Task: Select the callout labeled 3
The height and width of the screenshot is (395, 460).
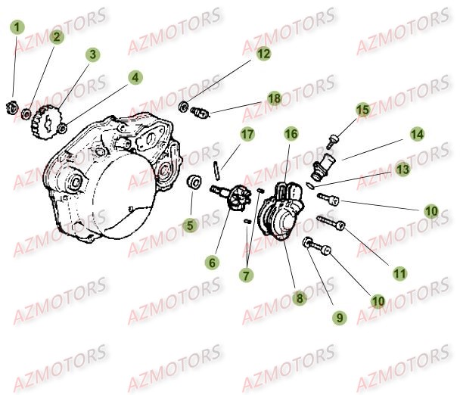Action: coord(93,54)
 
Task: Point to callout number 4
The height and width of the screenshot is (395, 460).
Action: coord(135,77)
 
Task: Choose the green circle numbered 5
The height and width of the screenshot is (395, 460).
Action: coord(190,224)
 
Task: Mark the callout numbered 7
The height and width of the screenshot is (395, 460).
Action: coord(246,275)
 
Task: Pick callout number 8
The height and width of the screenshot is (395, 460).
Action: coord(300,298)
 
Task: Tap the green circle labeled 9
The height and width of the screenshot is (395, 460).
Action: coord(340,318)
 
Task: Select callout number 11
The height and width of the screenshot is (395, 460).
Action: coord(399,272)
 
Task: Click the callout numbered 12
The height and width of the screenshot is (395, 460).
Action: coord(263,54)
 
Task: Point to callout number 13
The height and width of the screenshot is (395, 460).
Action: coord(403,170)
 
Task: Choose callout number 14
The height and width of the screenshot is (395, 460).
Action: coord(418,134)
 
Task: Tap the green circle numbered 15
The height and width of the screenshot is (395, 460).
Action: coord(363,110)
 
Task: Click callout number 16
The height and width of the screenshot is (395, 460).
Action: coord(291,134)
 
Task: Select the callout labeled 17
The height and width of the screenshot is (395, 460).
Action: coord(247,135)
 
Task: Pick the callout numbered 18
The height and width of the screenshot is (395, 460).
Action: coord(273,99)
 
